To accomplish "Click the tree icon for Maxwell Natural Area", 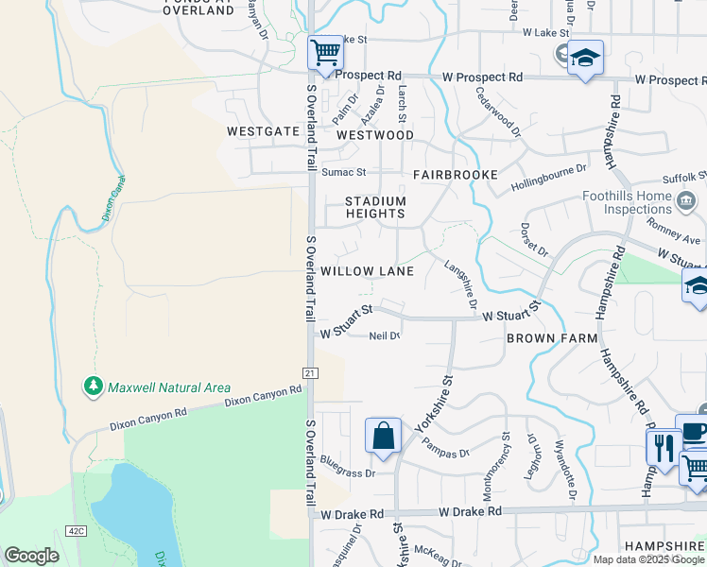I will (93, 387).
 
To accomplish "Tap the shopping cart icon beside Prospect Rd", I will (325, 52).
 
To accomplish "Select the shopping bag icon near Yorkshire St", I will (383, 436).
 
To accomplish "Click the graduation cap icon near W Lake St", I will (586, 58).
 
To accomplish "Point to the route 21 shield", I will (309, 373).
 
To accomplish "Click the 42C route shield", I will (76, 531).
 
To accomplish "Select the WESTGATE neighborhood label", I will (263, 131).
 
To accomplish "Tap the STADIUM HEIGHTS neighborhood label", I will (375, 208).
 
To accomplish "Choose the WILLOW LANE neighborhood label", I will (368, 271).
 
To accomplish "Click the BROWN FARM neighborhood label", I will (552, 337).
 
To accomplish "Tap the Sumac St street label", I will (343, 173).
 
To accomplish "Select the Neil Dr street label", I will (385, 335).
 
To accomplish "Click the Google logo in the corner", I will (32, 556).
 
